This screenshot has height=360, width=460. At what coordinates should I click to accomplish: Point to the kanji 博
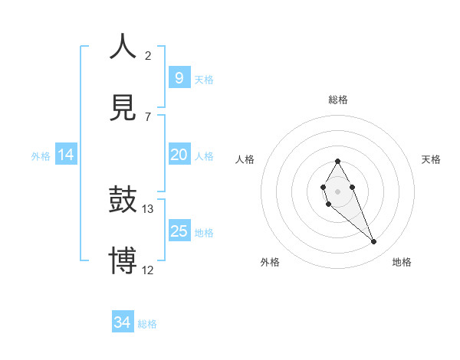pos(123,260)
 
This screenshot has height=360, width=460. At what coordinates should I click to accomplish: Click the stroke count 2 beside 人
pos(148,55)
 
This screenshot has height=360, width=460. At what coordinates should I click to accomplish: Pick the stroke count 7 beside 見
pos(148,116)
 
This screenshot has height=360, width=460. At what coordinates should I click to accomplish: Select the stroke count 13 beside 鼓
pos(148,208)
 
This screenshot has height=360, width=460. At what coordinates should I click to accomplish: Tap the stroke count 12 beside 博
pos(148,270)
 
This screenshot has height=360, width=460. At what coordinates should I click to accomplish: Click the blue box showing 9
pos(179,78)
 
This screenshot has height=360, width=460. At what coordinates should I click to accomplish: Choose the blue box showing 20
pos(179,155)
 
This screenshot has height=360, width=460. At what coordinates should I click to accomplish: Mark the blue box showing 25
pos(179,231)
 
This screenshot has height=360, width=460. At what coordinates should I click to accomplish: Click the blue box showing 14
pos(66,155)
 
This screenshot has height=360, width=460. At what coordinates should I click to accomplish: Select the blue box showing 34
pos(123,322)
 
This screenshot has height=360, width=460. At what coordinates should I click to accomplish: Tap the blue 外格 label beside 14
pos(41,155)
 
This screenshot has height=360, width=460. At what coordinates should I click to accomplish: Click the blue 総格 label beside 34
pos(147,324)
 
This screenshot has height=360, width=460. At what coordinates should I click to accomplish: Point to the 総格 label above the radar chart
pos(338,100)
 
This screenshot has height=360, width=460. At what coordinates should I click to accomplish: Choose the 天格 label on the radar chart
pos(432,159)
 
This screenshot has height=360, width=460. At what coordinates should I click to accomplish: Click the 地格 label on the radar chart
pos(402,262)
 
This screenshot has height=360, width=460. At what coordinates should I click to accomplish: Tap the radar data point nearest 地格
pos(374,242)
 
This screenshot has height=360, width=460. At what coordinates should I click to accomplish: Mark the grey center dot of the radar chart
pos(337,190)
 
